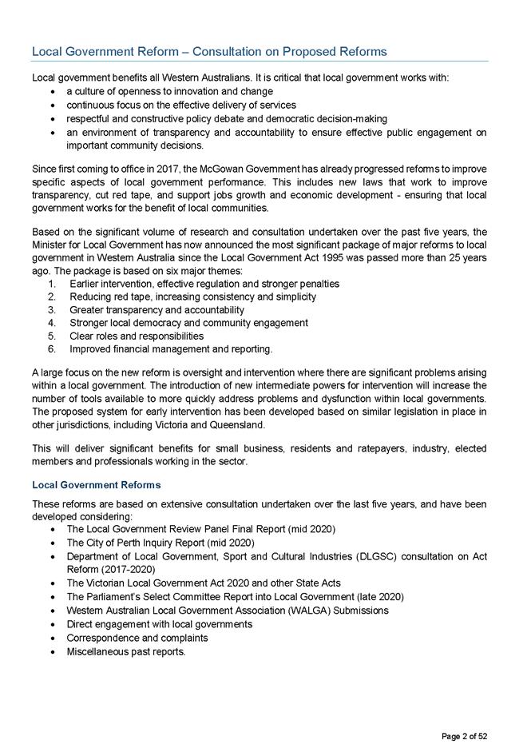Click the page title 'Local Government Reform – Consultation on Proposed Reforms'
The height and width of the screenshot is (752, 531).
[x=208, y=52]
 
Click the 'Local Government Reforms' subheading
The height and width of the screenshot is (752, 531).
[x=96, y=485]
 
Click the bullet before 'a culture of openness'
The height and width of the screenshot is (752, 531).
[x=52, y=92]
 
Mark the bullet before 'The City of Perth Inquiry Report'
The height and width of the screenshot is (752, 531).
[x=52, y=543]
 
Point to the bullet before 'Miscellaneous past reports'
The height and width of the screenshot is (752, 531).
[x=52, y=651]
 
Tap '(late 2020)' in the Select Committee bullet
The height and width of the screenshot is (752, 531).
[x=378, y=597]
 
